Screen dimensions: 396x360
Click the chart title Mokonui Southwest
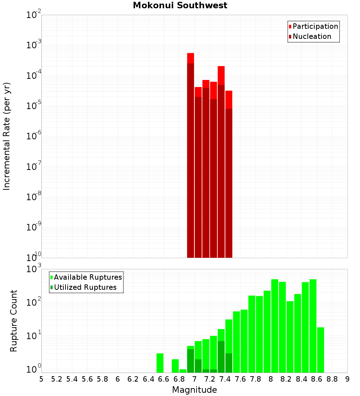click(x=180, y=5)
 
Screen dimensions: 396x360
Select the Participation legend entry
click(x=315, y=26)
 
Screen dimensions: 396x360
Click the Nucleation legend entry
click(x=311, y=36)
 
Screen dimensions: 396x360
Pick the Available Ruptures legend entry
click(x=87, y=277)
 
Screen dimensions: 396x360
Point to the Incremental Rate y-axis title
click(x=7, y=136)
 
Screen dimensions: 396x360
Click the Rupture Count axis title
click(x=14, y=320)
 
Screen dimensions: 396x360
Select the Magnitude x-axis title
click(x=194, y=390)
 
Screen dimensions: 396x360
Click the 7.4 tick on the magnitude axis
click(x=225, y=379)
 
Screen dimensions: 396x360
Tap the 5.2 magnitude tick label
click(x=57, y=379)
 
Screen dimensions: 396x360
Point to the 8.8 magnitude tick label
click(x=332, y=379)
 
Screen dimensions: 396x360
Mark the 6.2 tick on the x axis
click(x=133, y=379)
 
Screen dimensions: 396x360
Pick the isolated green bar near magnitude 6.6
click(x=160, y=363)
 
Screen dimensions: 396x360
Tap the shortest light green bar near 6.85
click(x=183, y=371)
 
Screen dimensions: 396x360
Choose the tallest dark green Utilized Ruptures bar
click(x=221, y=356)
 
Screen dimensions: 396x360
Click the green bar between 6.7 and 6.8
click(x=175, y=366)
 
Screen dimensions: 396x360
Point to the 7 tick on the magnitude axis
click(x=194, y=379)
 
